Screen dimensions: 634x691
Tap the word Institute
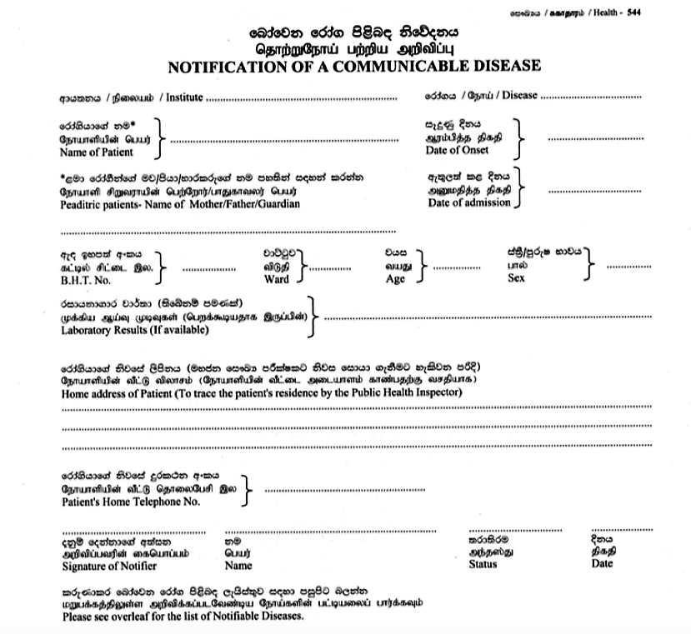click(184, 97)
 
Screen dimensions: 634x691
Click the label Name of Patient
click(97, 152)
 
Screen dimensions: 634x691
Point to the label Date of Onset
click(457, 150)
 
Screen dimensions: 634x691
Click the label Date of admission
click(468, 202)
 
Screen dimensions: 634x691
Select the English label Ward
click(276, 279)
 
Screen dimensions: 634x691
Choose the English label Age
click(395, 279)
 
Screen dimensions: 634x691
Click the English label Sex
click(516, 279)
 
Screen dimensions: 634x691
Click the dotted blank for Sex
click(629, 267)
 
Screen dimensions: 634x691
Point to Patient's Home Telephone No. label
click(131, 502)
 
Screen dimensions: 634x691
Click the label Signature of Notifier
click(108, 566)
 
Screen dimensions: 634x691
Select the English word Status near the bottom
click(483, 564)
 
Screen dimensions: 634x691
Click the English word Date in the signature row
click(602, 563)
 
